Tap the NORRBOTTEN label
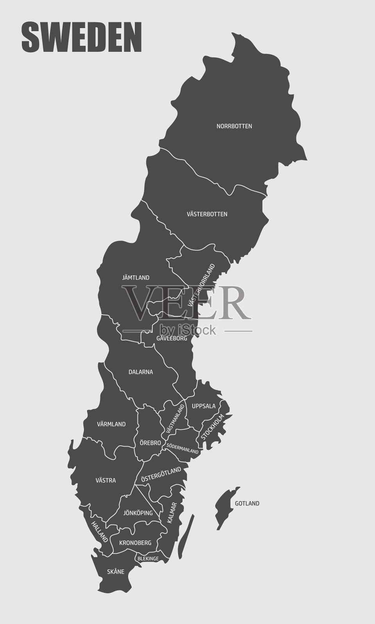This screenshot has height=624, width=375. coord(234,126)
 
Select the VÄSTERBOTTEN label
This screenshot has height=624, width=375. coord(207,214)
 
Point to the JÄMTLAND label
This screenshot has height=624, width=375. coord(136,278)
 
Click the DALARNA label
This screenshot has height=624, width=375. coord(141,372)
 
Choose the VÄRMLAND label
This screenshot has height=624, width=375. coord(111,424)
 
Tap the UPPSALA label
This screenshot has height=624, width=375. coord(204,406)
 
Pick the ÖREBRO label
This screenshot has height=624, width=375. coord(150,443)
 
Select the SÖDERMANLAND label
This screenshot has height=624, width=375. coord(182,448)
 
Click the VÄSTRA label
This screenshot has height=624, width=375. coord(105,480)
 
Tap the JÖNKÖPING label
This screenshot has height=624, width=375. coord(138,513)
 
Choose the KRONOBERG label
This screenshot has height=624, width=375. coord(135,542)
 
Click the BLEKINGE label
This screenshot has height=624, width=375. coord(148,558)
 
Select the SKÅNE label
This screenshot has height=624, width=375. coord(116,572)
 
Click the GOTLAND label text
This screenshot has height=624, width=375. coord(247,503)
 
